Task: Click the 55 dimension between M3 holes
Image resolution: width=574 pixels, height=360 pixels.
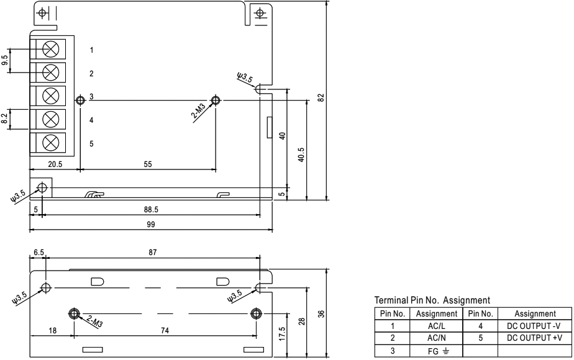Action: click(x=148, y=165)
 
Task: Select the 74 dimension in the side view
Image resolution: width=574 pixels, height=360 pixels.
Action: click(x=165, y=331)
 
